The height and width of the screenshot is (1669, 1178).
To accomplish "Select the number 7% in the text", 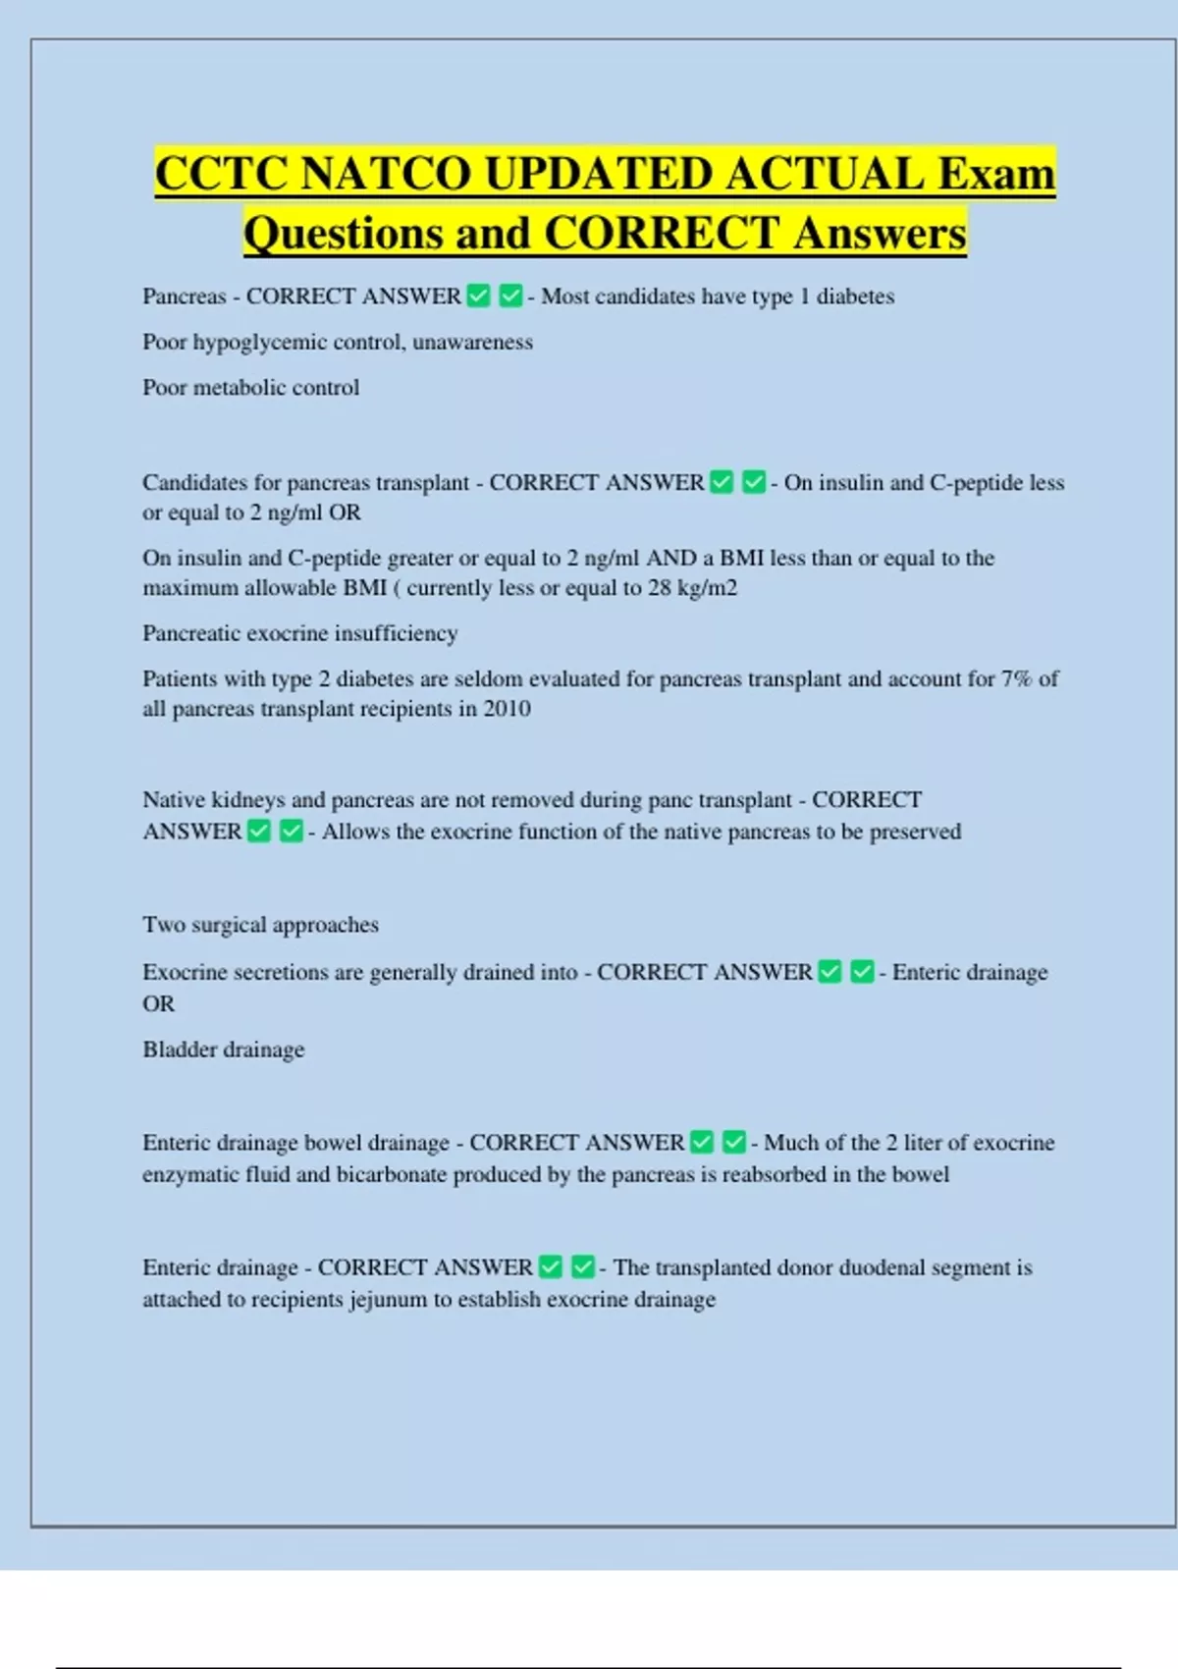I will click(1016, 679).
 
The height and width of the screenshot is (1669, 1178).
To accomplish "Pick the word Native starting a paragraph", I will click(174, 800).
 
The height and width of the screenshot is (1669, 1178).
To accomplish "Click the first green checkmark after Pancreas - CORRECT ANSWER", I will click(478, 296).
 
